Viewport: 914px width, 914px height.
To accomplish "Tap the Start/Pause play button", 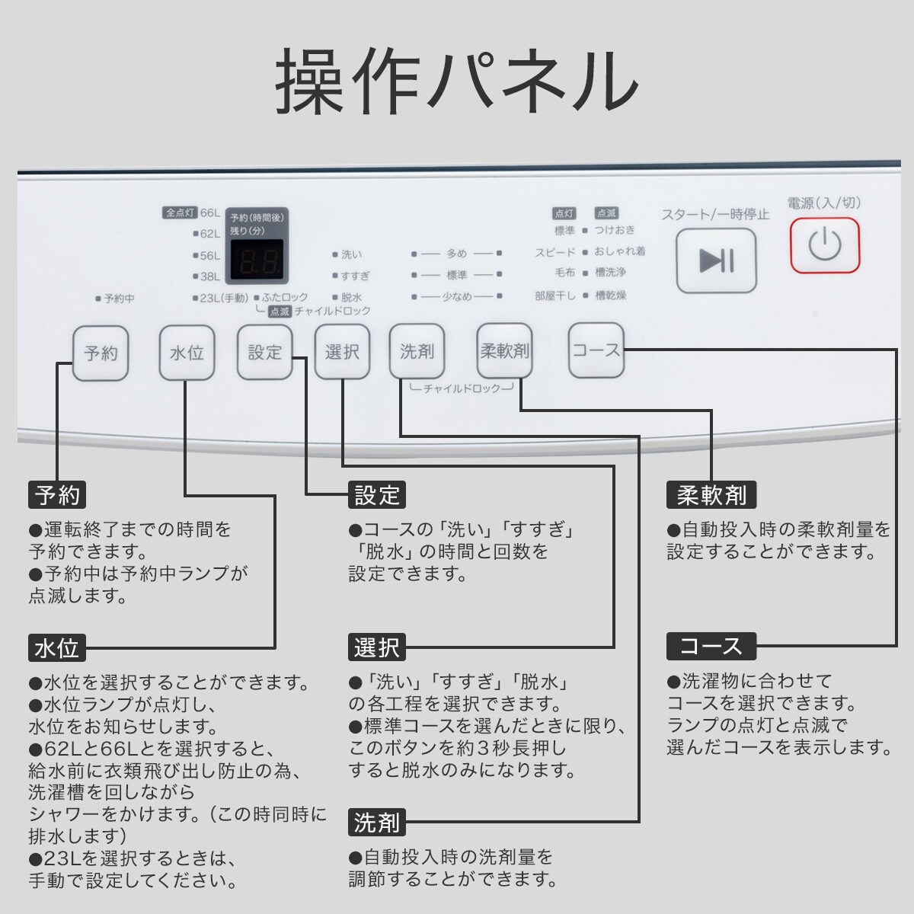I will coord(716,260).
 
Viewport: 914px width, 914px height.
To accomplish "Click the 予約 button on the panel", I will coord(101,353).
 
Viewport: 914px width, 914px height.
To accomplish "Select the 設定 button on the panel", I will coord(265,352).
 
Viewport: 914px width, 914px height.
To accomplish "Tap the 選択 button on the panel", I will coord(342,352).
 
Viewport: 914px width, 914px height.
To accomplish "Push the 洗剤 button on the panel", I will coord(417,351).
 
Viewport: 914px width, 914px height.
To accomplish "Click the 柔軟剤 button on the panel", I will coord(504,350).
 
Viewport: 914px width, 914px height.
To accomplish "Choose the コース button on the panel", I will coord(596,350).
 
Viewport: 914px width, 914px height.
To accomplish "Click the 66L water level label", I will coord(209,213).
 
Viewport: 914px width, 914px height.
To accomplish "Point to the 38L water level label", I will coord(209,276).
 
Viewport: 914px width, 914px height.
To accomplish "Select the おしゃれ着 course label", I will coord(620,251).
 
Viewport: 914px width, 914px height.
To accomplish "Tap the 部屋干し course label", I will coord(555,296).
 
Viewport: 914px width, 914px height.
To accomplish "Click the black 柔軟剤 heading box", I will coord(711,495).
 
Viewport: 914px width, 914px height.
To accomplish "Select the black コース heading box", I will coord(711,647).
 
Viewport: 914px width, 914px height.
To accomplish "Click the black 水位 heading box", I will coord(56,648).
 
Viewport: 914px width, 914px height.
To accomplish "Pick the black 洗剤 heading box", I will coord(376,823).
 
